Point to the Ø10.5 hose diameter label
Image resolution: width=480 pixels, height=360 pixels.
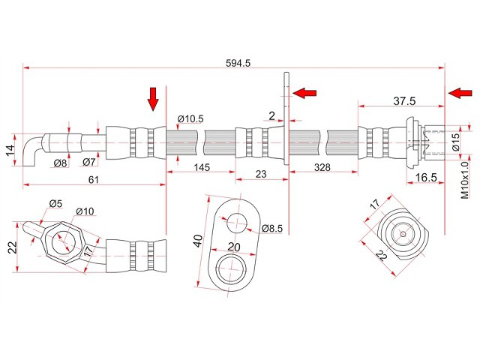tap(190, 118)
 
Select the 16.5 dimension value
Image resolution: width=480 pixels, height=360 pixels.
tap(425, 177)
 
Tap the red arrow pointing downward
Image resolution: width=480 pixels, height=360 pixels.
tap(153, 98)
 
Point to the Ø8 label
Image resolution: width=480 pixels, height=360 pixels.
tap(60, 162)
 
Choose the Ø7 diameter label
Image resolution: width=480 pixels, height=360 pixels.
tap(88, 162)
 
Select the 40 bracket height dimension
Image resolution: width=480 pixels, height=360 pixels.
tap(197, 241)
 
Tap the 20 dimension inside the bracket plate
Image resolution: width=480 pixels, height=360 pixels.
tap(233, 247)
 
